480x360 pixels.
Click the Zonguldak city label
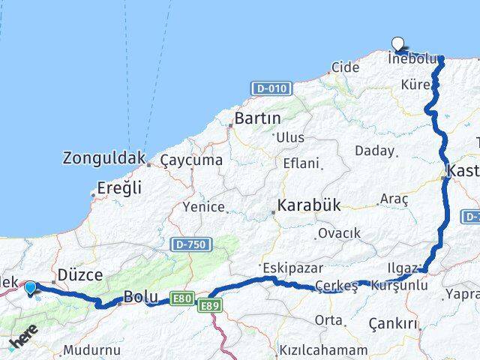click(x=103, y=159)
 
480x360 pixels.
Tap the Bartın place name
click(x=257, y=118)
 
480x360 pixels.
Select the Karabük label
click(x=308, y=205)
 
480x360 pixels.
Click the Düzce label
click(x=80, y=274)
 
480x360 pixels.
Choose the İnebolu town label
click(x=411, y=58)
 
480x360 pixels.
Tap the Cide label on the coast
click(x=345, y=67)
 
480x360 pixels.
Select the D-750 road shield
click(x=191, y=244)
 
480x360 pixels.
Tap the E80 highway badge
click(x=181, y=299)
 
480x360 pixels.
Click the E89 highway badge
click(x=209, y=305)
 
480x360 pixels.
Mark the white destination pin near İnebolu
click(x=398, y=44)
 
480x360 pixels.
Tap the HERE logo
click(x=23, y=341)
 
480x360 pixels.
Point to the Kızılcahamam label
click(x=323, y=350)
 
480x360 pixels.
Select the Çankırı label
click(x=393, y=324)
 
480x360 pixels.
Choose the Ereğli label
click(x=119, y=188)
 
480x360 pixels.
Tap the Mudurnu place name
click(x=91, y=350)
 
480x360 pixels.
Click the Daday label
click(x=374, y=151)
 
